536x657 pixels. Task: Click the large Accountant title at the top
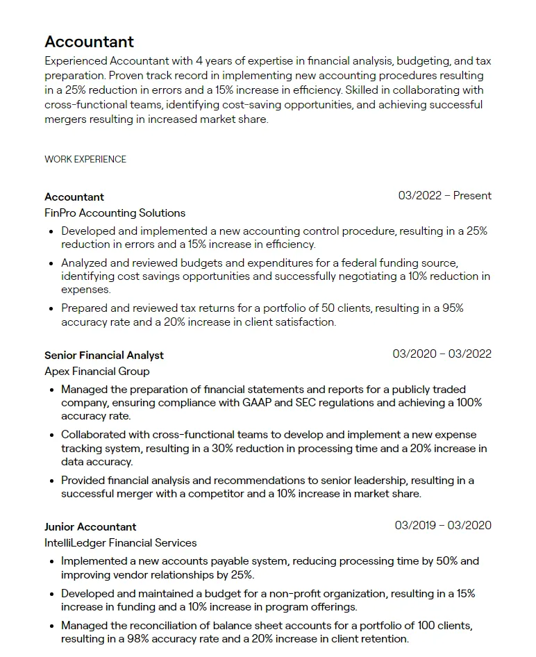click(x=90, y=42)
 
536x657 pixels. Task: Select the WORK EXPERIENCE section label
click(x=85, y=159)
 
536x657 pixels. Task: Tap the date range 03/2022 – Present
click(x=444, y=196)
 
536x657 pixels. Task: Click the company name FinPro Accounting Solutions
click(x=115, y=213)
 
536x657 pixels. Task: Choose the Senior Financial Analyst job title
click(x=104, y=355)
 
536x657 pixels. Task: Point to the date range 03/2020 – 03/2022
click(x=442, y=354)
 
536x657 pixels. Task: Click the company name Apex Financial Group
click(x=97, y=371)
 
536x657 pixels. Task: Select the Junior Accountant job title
click(x=90, y=526)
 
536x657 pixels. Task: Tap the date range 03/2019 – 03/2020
click(x=443, y=525)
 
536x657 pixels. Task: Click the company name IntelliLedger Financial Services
click(x=121, y=542)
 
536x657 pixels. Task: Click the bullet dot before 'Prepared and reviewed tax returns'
click(x=52, y=308)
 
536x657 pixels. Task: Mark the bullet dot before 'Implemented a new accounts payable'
click(x=52, y=561)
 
